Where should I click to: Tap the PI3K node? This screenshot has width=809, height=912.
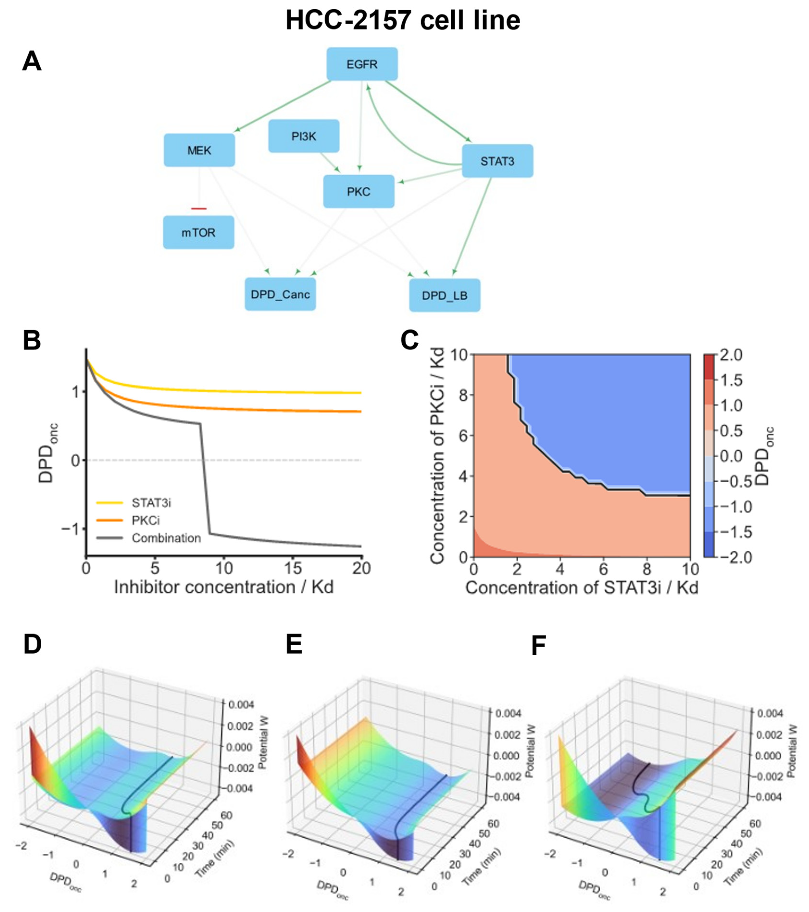point(304,136)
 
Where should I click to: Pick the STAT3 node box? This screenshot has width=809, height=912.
point(497,161)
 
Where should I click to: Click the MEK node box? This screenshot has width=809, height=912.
point(199,150)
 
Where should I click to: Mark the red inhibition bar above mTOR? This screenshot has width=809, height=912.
point(199,208)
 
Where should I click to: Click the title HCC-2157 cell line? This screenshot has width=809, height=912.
point(403,20)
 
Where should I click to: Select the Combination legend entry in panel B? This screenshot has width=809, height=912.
point(166,538)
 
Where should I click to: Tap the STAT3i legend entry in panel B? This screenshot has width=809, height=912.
point(151,503)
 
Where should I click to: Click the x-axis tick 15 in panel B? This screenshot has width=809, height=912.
point(293,569)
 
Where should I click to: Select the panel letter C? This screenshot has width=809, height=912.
point(409,340)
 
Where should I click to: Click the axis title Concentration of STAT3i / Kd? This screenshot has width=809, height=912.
point(582,588)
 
